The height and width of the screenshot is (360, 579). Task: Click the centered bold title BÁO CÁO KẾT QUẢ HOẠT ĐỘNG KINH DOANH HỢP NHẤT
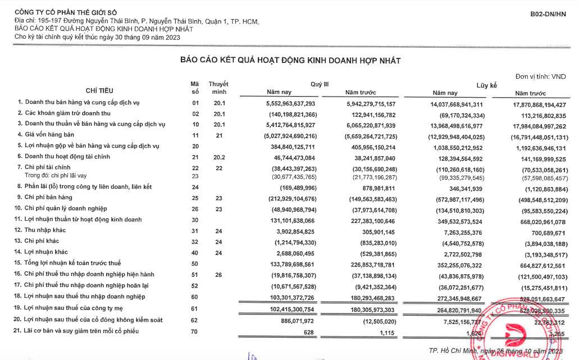click(x=290, y=60)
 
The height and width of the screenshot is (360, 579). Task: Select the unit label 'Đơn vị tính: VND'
click(x=540, y=76)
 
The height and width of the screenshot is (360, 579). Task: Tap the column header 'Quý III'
click(x=320, y=84)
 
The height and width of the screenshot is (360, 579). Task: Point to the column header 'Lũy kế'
click(x=487, y=85)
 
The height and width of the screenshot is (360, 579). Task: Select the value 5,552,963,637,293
click(x=291, y=103)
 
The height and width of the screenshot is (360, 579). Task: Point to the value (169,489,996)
click(x=297, y=187)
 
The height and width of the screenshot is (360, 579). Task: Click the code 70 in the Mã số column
click(x=195, y=331)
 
